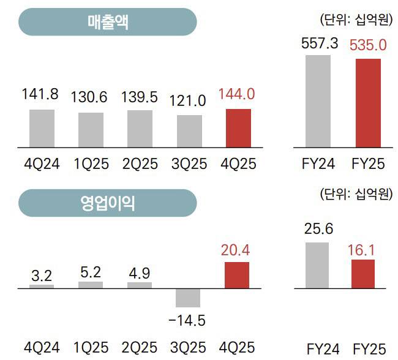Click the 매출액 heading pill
pos(107,22)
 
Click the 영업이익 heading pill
pos(107,203)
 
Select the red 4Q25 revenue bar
pos(238,128)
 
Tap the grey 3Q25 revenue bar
pos(189,131)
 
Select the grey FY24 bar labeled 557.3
pos(318,101)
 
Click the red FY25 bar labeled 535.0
pos(368,103)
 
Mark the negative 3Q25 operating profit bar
pos(188,298)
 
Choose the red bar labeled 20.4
pos(237,275)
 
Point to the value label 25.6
pos(318,230)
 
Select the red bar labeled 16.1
pos(362,274)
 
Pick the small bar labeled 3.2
pos(42,286)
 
